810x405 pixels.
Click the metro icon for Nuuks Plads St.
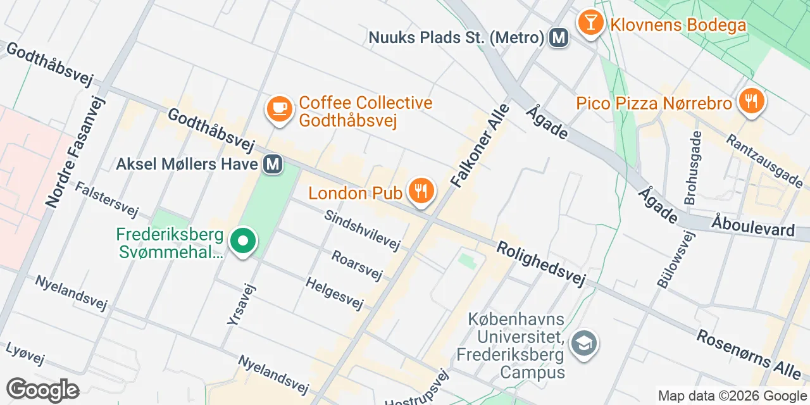(x=558, y=37)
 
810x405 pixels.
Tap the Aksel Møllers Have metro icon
(x=273, y=164)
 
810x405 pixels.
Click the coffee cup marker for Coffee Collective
(x=278, y=108)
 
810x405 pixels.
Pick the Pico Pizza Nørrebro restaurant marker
(x=751, y=101)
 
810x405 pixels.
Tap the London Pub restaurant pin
(x=420, y=190)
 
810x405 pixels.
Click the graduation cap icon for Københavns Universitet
(x=583, y=344)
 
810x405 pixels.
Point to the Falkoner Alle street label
(x=479, y=145)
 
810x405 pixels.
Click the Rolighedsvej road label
(x=540, y=263)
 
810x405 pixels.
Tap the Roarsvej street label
(x=358, y=265)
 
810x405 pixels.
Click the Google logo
(x=42, y=390)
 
